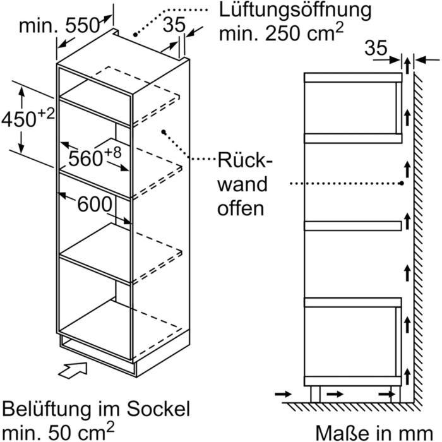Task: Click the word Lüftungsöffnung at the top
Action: pos(295,11)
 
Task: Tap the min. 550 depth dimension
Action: pos(59,26)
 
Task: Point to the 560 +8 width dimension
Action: pos(95,157)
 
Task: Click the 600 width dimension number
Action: pos(95,204)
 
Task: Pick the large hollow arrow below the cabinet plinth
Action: pos(73,371)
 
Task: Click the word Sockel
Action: pos(158,409)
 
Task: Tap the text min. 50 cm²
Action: pos(58,431)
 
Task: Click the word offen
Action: pos(241,208)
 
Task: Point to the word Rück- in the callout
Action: pos(245,160)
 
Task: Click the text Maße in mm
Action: pos(374,433)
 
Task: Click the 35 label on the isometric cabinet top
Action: pos(174,25)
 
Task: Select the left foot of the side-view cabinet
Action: pos(315,395)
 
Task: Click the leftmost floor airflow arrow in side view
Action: pos(284,394)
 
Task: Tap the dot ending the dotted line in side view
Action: pos(402,183)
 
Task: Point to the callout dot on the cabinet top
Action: pos(135,35)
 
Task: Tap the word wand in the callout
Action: pos(242,184)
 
